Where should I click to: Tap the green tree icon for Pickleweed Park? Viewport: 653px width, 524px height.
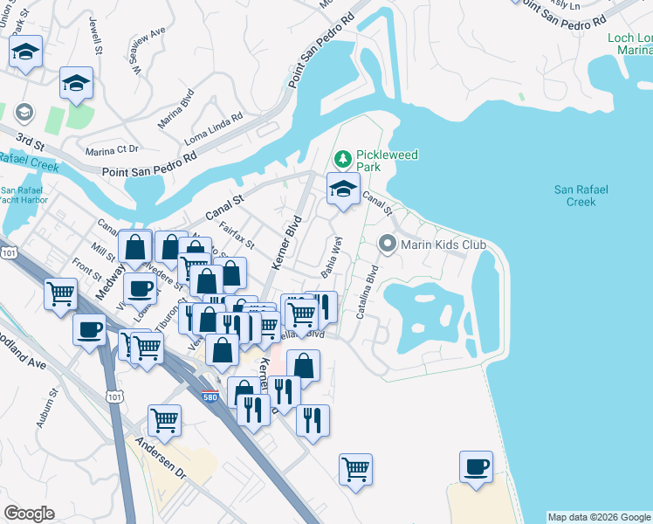[x=343, y=159]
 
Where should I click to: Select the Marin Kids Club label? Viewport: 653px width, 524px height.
[x=443, y=245]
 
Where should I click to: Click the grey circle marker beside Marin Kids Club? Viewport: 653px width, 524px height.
[x=386, y=244]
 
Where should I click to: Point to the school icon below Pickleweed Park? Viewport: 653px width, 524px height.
[x=343, y=189]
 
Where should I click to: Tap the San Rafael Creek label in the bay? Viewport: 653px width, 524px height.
[x=581, y=195]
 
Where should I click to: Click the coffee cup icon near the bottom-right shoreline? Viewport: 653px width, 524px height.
[x=476, y=466]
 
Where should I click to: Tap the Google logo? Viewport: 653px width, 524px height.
[x=29, y=514]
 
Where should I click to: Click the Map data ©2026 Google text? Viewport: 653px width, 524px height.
[x=599, y=517]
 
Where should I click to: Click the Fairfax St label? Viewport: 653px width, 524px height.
[x=237, y=235]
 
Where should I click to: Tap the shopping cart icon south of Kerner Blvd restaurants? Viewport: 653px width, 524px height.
[x=355, y=469]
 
